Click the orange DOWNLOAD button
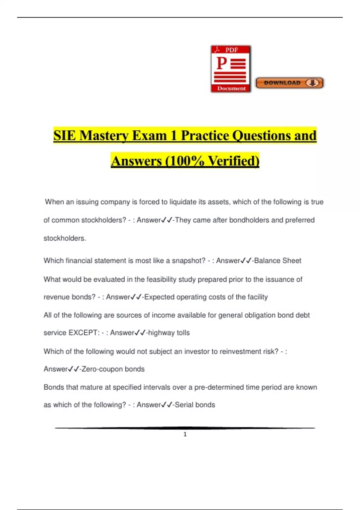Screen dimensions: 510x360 [289, 83]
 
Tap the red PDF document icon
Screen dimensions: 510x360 [231, 69]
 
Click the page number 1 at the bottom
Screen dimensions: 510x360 [185, 434]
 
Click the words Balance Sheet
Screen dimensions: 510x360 [277, 261]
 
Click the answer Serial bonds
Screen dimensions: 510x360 [195, 405]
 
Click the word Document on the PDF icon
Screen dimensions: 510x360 [231, 88]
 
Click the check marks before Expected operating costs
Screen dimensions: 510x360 [136, 297]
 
